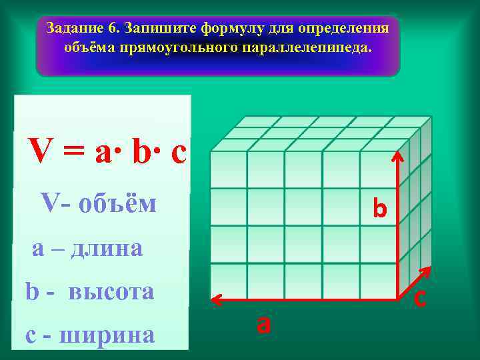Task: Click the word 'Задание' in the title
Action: click(74, 29)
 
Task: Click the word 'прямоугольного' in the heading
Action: click(191, 49)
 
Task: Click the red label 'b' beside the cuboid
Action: click(380, 209)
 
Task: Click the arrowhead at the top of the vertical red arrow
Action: click(399, 157)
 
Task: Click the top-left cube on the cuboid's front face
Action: click(229, 169)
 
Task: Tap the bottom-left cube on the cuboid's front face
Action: click(229, 281)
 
